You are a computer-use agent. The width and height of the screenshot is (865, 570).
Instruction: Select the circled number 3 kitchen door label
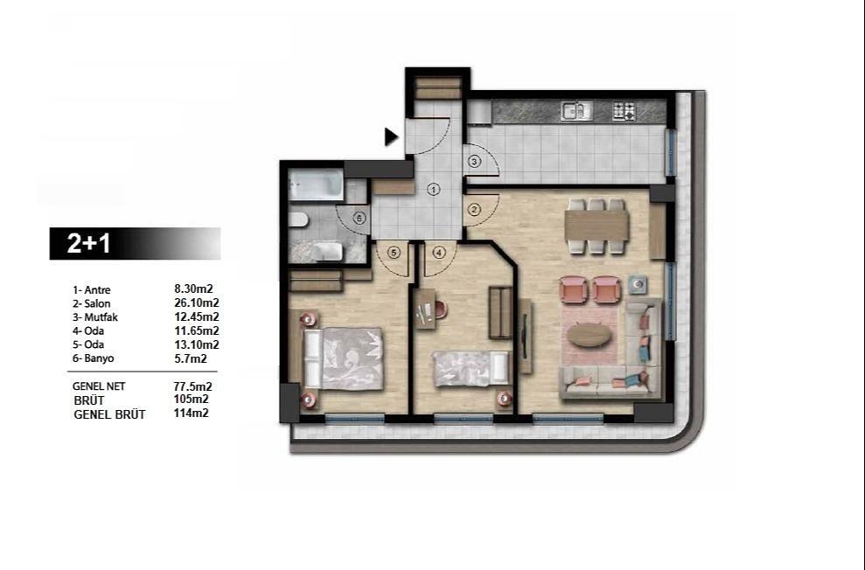click(x=474, y=162)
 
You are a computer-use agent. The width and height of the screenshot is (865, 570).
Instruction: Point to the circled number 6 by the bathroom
click(x=359, y=219)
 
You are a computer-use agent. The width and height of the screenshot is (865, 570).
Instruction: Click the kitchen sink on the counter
click(x=576, y=111)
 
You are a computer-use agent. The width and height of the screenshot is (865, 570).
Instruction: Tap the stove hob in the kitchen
click(x=624, y=111)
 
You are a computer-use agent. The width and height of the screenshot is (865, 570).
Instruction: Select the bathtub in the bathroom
click(x=317, y=185)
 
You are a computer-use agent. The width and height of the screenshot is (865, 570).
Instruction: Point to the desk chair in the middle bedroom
click(x=440, y=309)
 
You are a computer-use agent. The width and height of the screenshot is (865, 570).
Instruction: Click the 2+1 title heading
click(x=91, y=244)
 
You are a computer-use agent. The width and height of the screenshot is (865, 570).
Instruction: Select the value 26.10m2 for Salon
click(x=196, y=303)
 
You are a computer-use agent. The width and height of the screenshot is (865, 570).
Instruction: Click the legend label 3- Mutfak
click(x=97, y=317)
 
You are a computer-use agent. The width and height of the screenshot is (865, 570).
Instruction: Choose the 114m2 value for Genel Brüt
click(x=191, y=414)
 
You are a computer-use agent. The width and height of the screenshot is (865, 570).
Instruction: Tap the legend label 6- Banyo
click(x=95, y=358)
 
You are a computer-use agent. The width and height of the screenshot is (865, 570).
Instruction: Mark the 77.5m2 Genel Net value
click(x=193, y=386)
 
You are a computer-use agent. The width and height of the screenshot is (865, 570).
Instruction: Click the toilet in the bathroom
click(x=297, y=219)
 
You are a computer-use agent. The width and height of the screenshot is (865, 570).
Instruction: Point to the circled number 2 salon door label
click(x=474, y=209)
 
